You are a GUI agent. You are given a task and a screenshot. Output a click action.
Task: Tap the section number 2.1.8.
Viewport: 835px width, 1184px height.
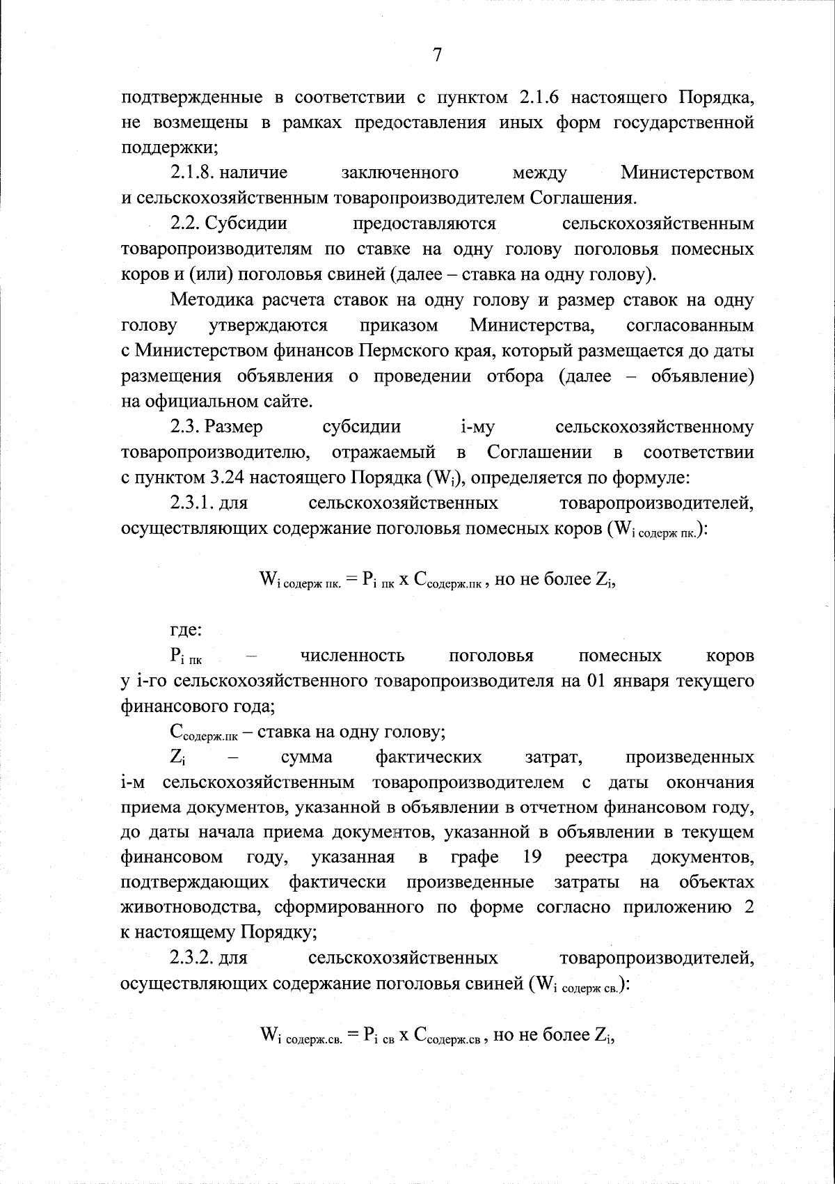click(x=192, y=173)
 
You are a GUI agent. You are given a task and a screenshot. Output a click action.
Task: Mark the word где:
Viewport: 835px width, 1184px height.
click(x=186, y=631)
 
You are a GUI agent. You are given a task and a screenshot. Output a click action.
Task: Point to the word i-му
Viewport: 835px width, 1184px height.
click(x=477, y=427)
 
